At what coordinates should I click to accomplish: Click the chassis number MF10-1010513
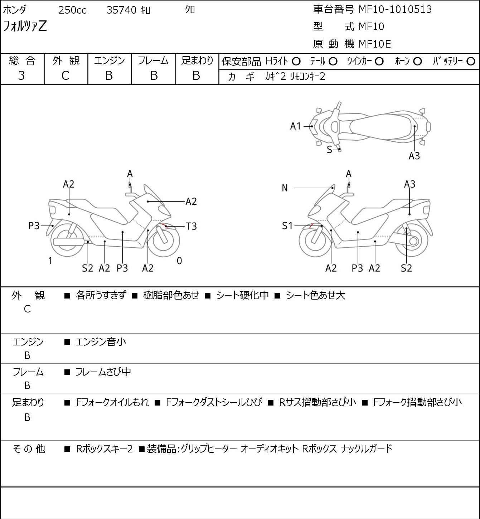coord(395,9)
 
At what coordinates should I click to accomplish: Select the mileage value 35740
coord(121,10)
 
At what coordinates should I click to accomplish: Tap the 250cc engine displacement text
coord(72,10)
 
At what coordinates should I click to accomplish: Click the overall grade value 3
coord(21,76)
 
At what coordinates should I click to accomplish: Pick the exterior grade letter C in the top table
coord(65,76)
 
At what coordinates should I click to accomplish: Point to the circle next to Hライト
coord(296,62)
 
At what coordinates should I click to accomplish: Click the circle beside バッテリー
coord(471,62)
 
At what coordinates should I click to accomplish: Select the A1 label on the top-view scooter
coord(296,126)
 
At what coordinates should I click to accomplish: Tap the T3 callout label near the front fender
coord(191,226)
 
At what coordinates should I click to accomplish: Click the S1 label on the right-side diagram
coord(287,225)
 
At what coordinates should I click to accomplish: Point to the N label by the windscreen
coord(285,188)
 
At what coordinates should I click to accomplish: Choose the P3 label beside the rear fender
coord(34,225)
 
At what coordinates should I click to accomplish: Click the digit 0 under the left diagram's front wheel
coord(179,261)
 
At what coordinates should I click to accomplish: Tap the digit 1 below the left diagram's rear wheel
coord(50,261)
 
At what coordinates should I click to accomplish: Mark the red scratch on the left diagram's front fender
coord(164,225)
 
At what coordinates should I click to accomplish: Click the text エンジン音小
coord(101,342)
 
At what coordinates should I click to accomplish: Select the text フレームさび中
coord(103,372)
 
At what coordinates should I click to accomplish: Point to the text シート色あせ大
coord(316,295)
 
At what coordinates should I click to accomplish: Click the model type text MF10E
coord(375,44)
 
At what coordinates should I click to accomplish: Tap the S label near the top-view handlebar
coord(329,150)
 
